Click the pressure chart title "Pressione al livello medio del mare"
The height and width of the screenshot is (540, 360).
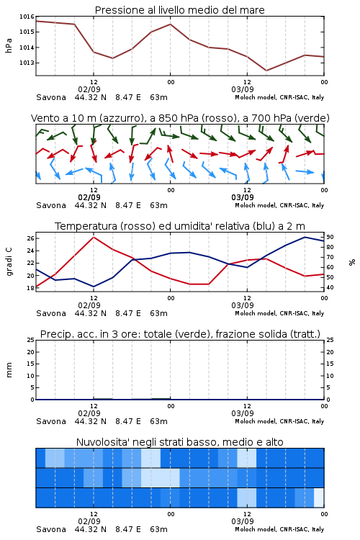pos(179,10)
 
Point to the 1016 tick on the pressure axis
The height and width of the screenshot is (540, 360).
pos(27,17)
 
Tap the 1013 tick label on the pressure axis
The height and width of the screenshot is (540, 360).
pos(27,63)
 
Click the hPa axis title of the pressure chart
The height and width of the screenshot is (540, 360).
pos(9,45)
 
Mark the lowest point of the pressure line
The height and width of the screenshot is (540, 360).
pos(266,71)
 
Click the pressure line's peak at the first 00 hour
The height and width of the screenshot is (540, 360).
pos(170,24)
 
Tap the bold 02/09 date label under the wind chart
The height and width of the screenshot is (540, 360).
pos(89,197)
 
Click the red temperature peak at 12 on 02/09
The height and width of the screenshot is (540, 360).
pos(94,238)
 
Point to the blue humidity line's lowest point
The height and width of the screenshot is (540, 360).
pos(94,287)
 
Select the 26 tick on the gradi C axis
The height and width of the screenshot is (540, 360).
pos(30,238)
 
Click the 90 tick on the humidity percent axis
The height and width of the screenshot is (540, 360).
pos(330,237)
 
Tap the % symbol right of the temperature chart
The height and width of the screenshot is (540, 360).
pos(352,262)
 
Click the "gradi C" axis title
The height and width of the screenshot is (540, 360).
pos(9,262)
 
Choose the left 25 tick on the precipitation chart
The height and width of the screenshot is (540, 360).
pos(31,340)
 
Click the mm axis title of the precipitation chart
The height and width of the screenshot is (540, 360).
pos(9,370)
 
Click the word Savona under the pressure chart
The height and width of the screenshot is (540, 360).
pos(51,97)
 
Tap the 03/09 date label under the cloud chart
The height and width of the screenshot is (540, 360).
pos(243,521)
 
